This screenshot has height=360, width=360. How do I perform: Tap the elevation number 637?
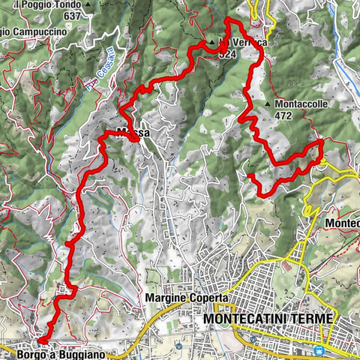pyautogui.click(x=72, y=16)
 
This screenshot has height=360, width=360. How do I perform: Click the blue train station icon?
pyautogui.click(x=321, y=350)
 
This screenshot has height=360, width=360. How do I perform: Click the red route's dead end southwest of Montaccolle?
pyautogui.click(x=250, y=175)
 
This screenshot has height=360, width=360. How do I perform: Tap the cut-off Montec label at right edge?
pyautogui.click(x=343, y=223)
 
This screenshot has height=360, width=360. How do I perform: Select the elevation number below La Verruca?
pyautogui.click(x=228, y=54)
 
